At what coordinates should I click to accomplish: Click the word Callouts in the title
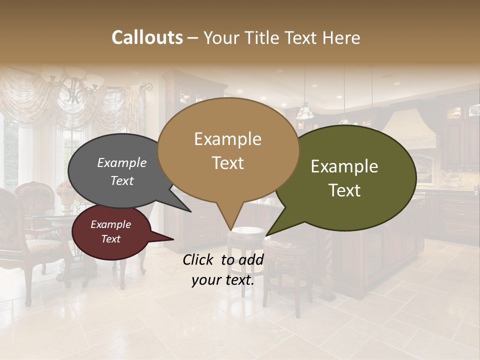pyautogui.click(x=147, y=37)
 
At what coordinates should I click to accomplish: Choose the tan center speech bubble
pyautogui.click(x=228, y=150)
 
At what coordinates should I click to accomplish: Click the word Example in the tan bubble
pyautogui.click(x=228, y=139)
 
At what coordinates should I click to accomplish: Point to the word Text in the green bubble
pyautogui.click(x=345, y=190)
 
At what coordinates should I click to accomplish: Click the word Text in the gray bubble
pyautogui.click(x=122, y=180)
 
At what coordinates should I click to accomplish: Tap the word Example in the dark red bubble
pyautogui.click(x=111, y=224)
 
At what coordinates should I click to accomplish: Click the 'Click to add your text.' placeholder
pyautogui.click(x=223, y=269)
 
